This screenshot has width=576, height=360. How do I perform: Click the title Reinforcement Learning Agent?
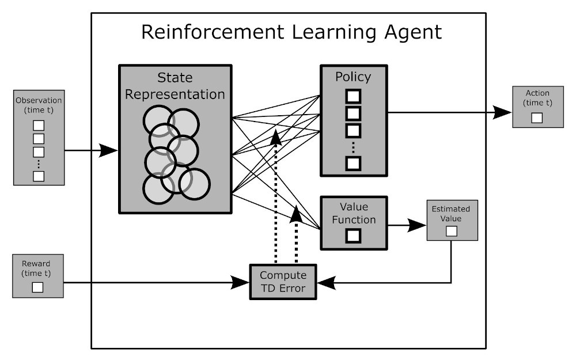point(291,32)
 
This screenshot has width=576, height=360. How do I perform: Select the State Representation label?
point(175,86)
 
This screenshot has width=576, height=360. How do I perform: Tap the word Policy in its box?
point(353,77)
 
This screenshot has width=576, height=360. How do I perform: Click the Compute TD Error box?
point(283,282)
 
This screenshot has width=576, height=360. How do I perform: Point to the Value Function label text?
point(353,213)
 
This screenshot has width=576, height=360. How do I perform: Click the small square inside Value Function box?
point(353,235)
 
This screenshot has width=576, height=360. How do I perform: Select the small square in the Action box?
point(537,118)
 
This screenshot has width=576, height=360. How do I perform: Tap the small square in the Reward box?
point(38,287)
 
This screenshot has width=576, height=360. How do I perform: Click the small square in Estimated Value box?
point(452,231)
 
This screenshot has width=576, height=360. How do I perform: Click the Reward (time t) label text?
point(38,268)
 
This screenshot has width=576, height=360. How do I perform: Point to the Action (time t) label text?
point(538,97)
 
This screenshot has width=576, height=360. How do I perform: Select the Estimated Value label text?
point(452,213)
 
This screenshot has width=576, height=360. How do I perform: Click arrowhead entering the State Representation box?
point(109,151)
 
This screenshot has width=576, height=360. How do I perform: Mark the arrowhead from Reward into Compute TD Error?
point(240,283)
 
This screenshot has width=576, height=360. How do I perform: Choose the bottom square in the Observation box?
point(39,176)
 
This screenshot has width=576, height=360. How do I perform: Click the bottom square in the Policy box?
point(353,164)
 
